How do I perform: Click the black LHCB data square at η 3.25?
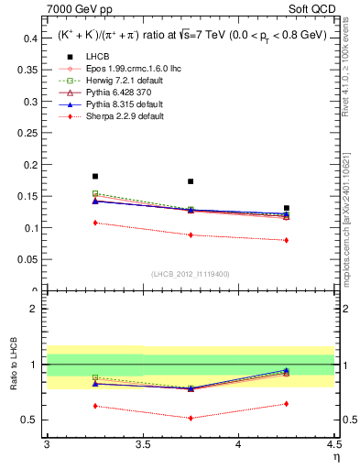[95, 176]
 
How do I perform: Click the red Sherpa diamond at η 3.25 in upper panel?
[95, 223]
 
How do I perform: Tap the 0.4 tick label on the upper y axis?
[29, 38]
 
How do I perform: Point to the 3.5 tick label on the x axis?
[142, 444]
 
